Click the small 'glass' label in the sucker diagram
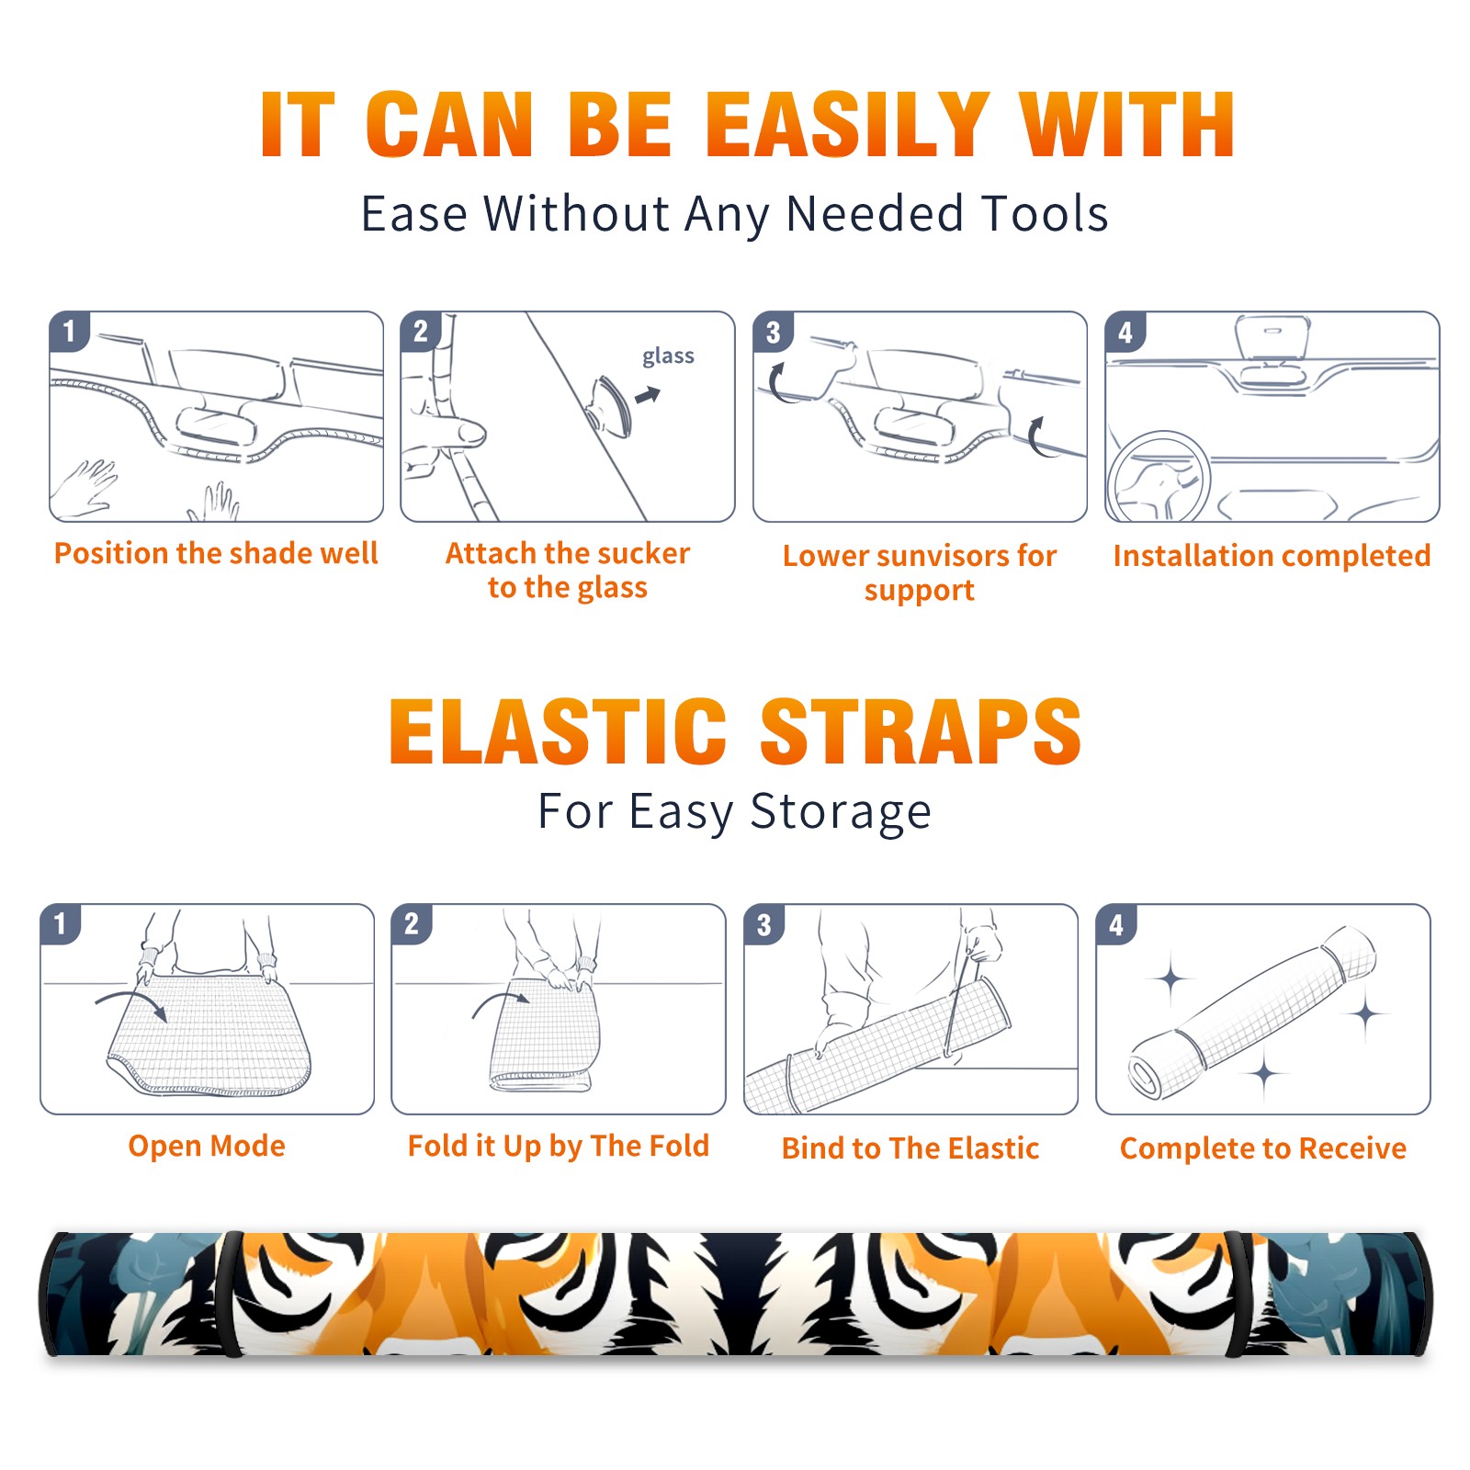click(668, 356)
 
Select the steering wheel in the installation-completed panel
click(1159, 478)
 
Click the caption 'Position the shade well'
click(216, 553)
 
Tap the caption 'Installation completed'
click(1272, 556)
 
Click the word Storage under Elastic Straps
click(841, 813)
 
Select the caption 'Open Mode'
click(207, 1146)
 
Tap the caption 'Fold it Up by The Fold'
click(559, 1147)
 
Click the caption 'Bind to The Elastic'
click(910, 1148)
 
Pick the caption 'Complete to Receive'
click(1263, 1148)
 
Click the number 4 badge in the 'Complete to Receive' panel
click(1116, 924)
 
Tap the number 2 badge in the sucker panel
click(421, 331)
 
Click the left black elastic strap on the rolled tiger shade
click(231, 1295)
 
